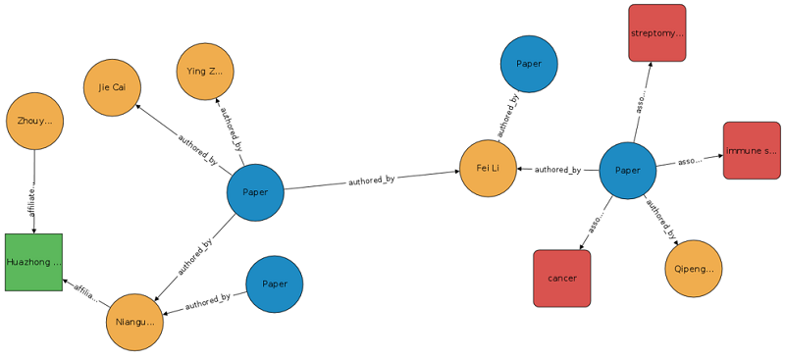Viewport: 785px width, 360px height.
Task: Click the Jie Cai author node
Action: tap(112, 87)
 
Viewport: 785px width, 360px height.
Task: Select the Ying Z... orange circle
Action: tap(205, 71)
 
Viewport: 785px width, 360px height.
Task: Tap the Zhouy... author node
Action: tap(34, 121)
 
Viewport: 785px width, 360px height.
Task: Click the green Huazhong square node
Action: tap(33, 262)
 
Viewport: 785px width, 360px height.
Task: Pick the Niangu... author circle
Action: tap(134, 322)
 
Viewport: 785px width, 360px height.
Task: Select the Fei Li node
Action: tap(489, 169)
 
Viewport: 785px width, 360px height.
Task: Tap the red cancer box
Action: tap(562, 278)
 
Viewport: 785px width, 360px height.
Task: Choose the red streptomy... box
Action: tap(656, 33)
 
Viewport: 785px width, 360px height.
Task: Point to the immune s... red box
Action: tap(752, 151)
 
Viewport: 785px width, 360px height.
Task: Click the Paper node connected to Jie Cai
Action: tap(255, 192)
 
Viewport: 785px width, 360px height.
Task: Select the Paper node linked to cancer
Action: tap(627, 170)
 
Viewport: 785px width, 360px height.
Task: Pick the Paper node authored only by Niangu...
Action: tap(275, 284)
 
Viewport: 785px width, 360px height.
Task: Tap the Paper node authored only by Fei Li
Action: tap(529, 64)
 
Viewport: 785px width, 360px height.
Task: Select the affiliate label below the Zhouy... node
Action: tap(34, 193)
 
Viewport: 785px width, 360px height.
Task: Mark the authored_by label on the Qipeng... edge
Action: tap(661, 221)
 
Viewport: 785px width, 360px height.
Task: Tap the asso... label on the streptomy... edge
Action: tap(641, 103)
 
